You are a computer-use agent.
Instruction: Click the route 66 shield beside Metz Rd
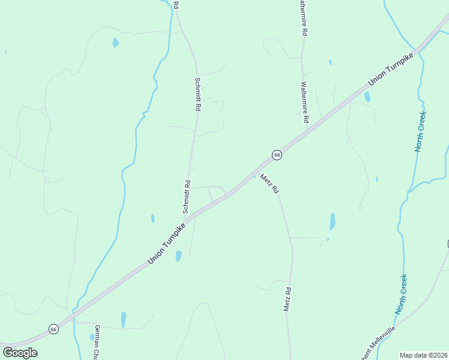click(x=277, y=155)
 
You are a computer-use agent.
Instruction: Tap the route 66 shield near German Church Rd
click(x=53, y=329)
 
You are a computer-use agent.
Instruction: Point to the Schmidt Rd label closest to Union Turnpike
click(x=187, y=197)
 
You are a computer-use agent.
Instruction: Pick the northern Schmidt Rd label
click(x=197, y=94)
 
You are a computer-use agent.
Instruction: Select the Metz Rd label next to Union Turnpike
click(x=270, y=183)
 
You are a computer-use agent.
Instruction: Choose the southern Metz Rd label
click(x=288, y=299)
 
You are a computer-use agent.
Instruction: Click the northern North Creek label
click(x=420, y=131)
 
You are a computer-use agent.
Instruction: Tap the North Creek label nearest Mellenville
click(x=401, y=294)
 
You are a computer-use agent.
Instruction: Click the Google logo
click(x=20, y=352)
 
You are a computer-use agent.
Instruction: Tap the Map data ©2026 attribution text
click(x=424, y=355)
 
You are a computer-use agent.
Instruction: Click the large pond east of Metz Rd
click(x=333, y=221)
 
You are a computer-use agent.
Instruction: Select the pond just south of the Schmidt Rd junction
click(x=178, y=256)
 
